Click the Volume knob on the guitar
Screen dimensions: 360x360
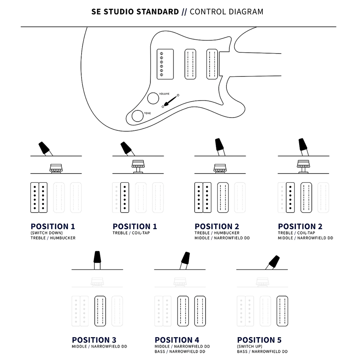pos(153,98)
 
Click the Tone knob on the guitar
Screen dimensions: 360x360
pos(138,116)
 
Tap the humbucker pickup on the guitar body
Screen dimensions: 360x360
pos(165,63)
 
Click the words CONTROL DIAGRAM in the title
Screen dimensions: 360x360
pos(226,11)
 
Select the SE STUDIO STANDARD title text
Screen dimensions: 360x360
pos(135,11)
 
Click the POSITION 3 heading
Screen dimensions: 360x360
pos(94,340)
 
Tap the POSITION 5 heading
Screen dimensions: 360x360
pos(259,340)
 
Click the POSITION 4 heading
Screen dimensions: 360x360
pos(177,340)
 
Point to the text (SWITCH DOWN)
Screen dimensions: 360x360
pos(46,233)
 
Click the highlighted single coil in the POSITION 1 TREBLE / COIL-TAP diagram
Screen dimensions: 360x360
pos(125,197)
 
